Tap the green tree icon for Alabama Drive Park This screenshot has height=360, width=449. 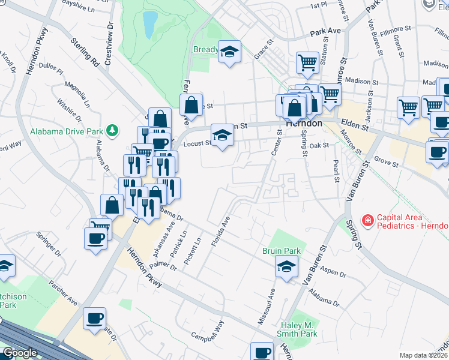(111, 130)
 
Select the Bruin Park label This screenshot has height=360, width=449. (281, 250)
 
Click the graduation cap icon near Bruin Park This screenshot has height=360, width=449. (286, 266)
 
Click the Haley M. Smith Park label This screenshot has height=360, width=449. (294, 329)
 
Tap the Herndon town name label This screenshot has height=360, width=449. (304, 122)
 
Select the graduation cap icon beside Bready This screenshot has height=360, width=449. (229, 52)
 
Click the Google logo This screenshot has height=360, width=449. (20, 353)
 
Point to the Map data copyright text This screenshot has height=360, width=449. (424, 355)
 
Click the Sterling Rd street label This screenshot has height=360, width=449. (85, 53)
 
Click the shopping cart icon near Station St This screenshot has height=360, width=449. (307, 62)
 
